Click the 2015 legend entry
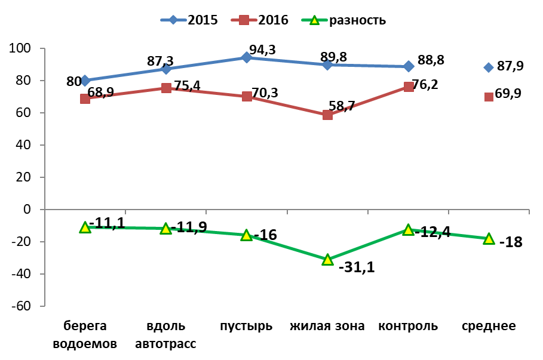pos(189,20)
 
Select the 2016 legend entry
pos(260,20)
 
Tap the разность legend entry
pos(343,20)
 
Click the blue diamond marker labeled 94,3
pos(246,57)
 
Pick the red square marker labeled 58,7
pos(327,115)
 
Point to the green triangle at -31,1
pos(327,260)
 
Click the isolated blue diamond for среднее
pos(489,67)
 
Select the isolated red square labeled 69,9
pos(489,97)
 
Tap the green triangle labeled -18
pos(489,238)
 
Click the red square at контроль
pos(409,87)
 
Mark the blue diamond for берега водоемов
pos(85,81)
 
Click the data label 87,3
pos(160,61)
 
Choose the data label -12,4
pos(432,232)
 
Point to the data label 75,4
pos(188,85)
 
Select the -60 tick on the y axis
pos(21,306)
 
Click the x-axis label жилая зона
pos(327,326)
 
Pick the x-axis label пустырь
pos(246,327)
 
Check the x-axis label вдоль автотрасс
pos(165,335)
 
